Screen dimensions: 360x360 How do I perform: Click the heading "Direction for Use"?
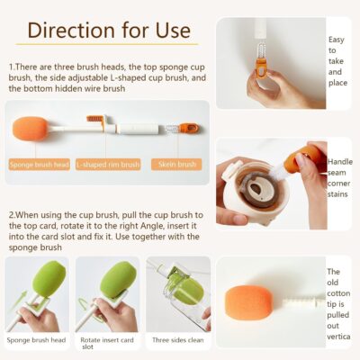(109, 31)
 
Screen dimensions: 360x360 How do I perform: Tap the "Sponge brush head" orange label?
(40, 165)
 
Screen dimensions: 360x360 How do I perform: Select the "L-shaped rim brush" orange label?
(108, 165)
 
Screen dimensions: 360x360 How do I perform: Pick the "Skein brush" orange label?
(176, 165)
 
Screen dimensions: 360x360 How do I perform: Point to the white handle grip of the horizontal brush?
(138, 130)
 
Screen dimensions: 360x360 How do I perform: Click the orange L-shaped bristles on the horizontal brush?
(94, 119)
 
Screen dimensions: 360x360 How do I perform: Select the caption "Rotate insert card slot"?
(107, 343)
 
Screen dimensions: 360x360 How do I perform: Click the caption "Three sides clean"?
(178, 340)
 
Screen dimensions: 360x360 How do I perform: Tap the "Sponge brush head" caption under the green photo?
(36, 340)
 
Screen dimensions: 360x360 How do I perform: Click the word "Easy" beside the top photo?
(337, 40)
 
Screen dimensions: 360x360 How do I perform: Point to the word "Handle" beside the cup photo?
(340, 162)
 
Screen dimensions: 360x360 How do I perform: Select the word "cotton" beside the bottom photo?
(338, 293)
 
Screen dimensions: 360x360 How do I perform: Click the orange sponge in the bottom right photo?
(248, 303)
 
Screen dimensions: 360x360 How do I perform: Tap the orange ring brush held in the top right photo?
(261, 68)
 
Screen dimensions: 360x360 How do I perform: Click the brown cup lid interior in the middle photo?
(257, 188)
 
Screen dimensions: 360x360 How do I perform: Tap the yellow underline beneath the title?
(107, 44)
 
